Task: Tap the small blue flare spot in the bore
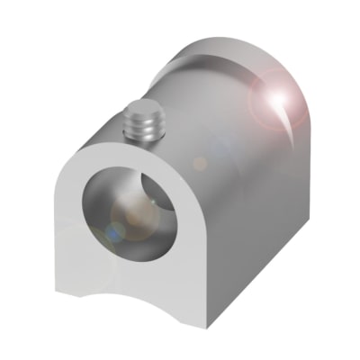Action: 114,232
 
